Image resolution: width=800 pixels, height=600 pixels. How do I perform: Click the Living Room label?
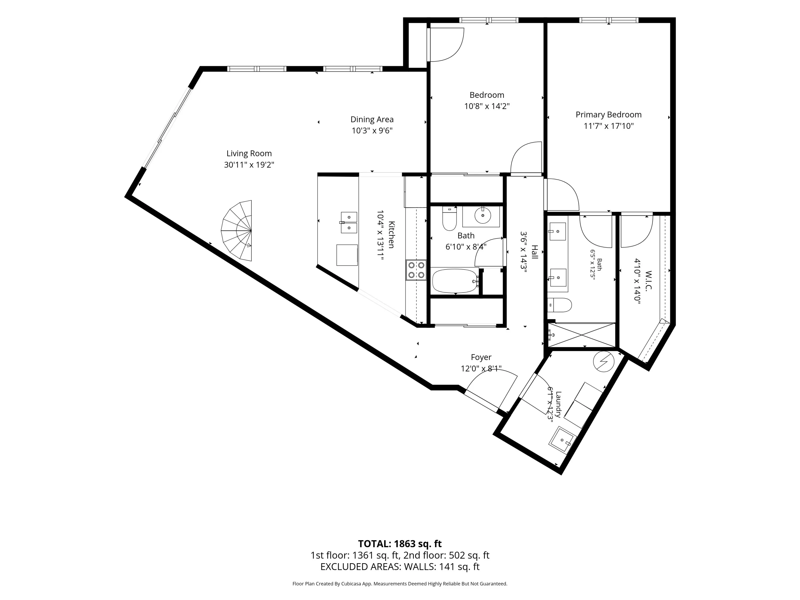pyautogui.click(x=249, y=153)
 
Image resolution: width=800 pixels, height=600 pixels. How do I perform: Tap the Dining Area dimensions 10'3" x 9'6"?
pyautogui.click(x=372, y=131)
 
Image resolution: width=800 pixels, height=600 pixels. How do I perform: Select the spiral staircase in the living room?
pyautogui.click(x=237, y=230)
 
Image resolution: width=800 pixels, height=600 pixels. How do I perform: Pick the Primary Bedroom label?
pyautogui.click(x=609, y=115)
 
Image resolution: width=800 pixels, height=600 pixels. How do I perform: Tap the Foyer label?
pyautogui.click(x=481, y=357)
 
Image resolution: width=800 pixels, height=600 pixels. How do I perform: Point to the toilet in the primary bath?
pyautogui.click(x=559, y=305)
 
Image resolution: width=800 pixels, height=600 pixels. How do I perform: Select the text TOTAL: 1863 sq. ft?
pyautogui.click(x=400, y=543)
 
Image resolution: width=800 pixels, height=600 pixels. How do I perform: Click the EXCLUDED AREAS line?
pyautogui.click(x=400, y=566)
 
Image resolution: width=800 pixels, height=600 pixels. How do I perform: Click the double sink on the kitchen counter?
pyautogui.click(x=349, y=223)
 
